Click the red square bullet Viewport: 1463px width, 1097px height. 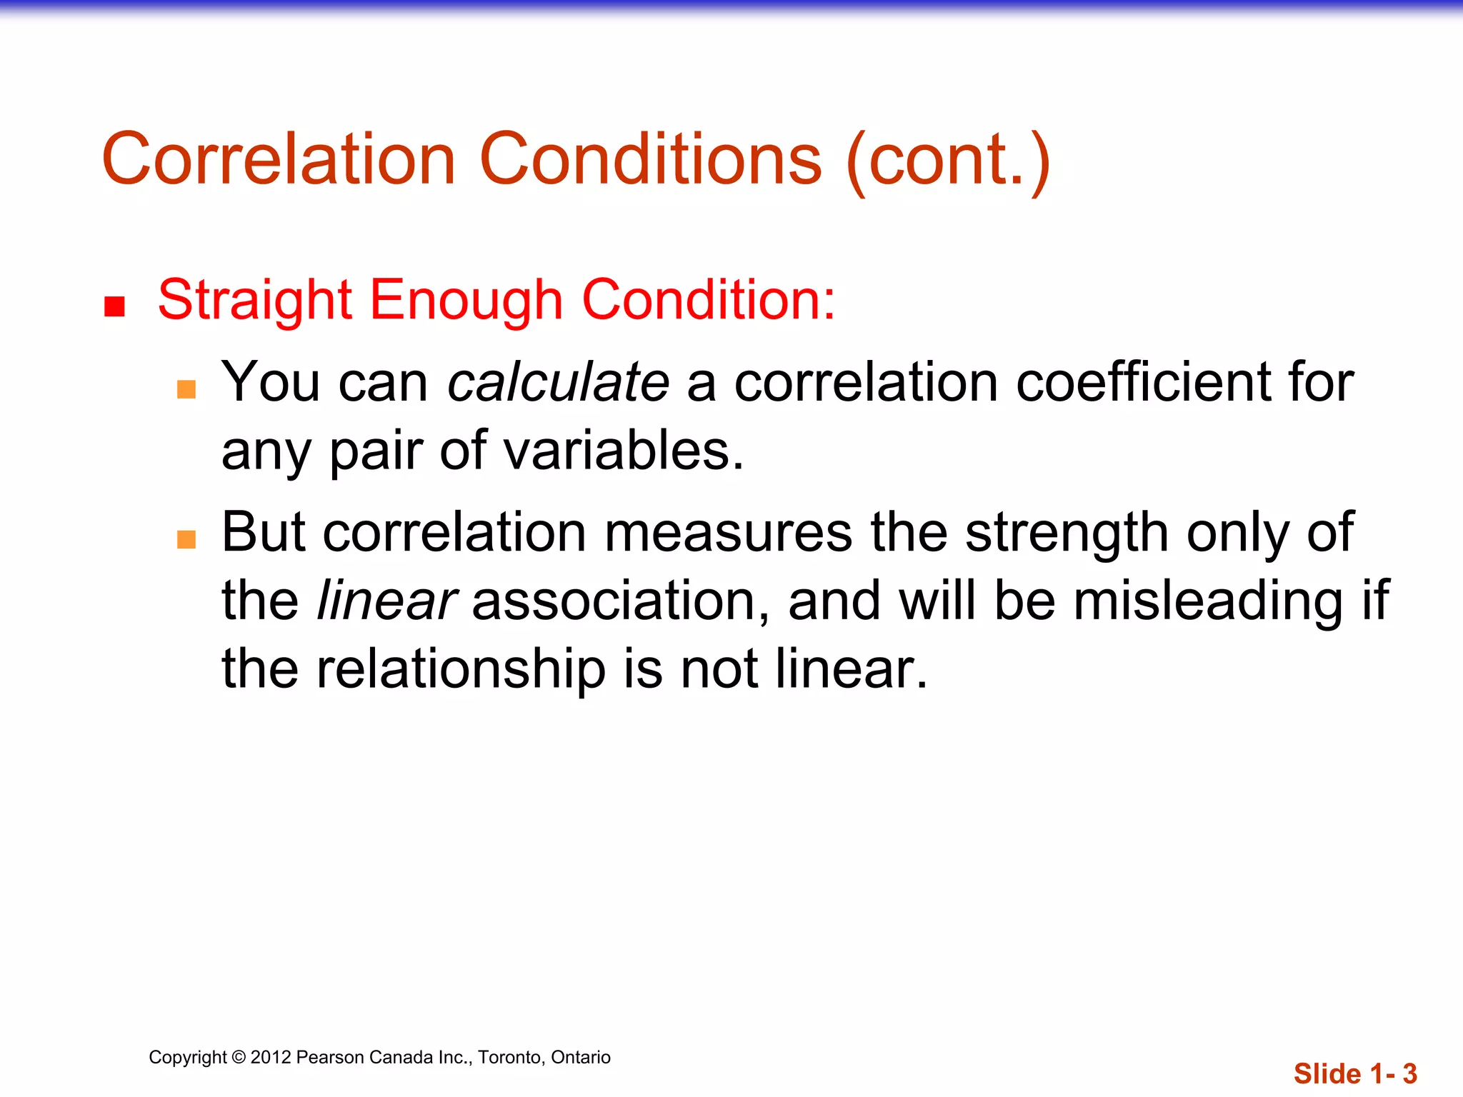114,306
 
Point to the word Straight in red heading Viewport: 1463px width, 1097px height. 254,300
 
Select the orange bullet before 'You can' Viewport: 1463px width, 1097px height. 186,389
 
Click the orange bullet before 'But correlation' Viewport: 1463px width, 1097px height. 186,539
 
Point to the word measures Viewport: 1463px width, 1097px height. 729,533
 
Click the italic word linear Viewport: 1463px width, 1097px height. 386,601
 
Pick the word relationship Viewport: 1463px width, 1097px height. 461,669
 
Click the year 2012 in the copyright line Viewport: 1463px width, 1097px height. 271,1057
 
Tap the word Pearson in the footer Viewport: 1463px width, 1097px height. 329,1057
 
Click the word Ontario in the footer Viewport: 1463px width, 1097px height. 581,1057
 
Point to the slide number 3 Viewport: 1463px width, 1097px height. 1409,1073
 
